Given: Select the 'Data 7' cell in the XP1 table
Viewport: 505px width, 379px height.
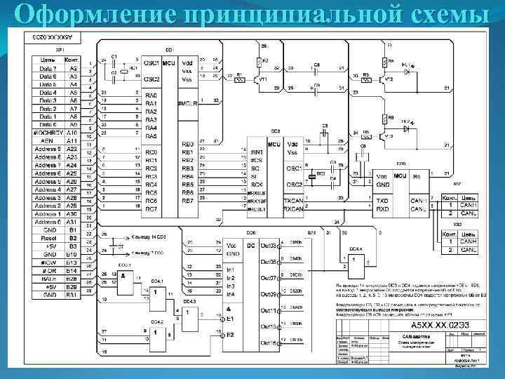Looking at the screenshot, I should pos(48,69).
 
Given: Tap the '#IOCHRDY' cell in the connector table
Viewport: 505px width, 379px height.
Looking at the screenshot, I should pos(48,133).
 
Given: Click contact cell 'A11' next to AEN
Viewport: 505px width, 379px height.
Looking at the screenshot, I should pos(72,140).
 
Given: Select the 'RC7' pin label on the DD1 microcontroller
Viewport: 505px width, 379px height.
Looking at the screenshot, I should pos(151,209).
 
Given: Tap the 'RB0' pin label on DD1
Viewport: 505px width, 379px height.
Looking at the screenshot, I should pos(187,144).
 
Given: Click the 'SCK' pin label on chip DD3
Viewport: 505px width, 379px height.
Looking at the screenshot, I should pos(256,185).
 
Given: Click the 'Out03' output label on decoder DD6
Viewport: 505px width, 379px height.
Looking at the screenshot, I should pos(269,245).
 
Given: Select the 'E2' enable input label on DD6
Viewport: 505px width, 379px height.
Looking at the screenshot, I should pos(229,335).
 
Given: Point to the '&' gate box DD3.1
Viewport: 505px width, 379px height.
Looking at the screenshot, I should pos(126,277).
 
